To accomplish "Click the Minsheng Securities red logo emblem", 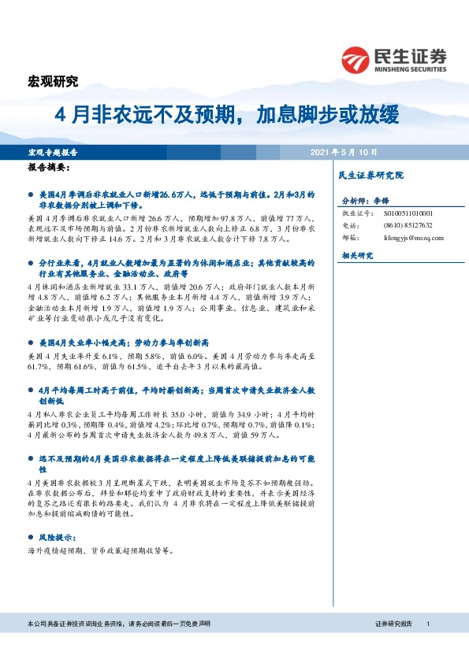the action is pyautogui.click(x=356, y=59).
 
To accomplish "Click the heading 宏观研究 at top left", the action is pyautogui.click(x=54, y=81).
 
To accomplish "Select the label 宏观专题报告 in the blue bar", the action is pyautogui.click(x=52, y=151).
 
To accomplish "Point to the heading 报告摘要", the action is pyautogui.click(x=50, y=169).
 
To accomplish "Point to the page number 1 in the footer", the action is pyautogui.click(x=427, y=624).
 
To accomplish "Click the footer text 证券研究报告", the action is pyautogui.click(x=393, y=624).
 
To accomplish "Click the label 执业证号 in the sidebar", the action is pyautogui.click(x=355, y=213).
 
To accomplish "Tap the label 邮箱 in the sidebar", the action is pyautogui.click(x=351, y=237).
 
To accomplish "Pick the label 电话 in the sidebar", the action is pyautogui.click(x=351, y=225).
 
